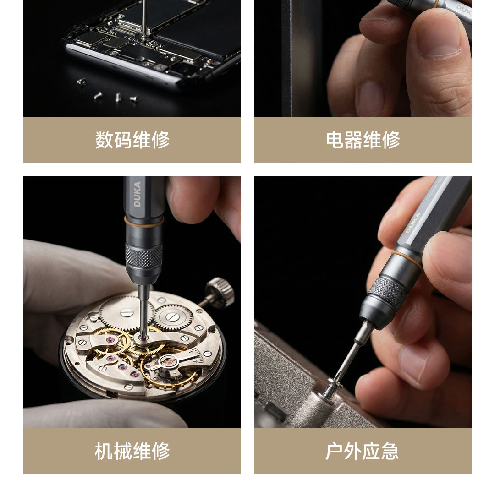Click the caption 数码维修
pyautogui.click(x=132, y=140)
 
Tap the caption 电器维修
pyautogui.click(x=363, y=140)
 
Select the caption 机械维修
pyautogui.click(x=132, y=451)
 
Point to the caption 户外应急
pyautogui.click(x=363, y=451)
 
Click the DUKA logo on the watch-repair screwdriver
pyautogui.click(x=137, y=194)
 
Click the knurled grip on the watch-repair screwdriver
pyautogui.click(x=144, y=255)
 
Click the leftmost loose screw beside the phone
pyautogui.click(x=81, y=82)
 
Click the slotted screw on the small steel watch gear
pyautogui.click(x=172, y=316)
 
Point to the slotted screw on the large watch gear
pyautogui.click(x=126, y=312)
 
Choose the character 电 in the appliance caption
pyautogui.click(x=335, y=140)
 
